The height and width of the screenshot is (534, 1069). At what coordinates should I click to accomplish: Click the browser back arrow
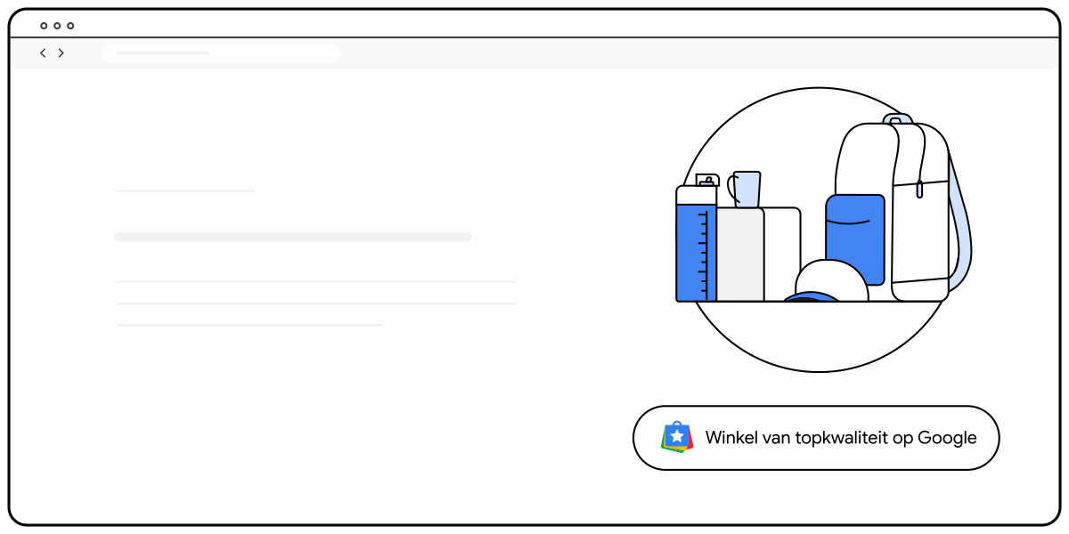pyautogui.click(x=43, y=53)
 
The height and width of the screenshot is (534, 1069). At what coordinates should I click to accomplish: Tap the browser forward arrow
pyautogui.click(x=61, y=53)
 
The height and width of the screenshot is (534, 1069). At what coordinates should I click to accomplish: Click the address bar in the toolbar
pyautogui.click(x=221, y=53)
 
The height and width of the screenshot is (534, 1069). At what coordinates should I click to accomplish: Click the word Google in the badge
pyautogui.click(x=947, y=438)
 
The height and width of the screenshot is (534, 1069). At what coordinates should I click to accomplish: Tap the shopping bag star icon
pyautogui.click(x=678, y=437)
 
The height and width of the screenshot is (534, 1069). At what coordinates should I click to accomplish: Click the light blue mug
pyautogui.click(x=747, y=189)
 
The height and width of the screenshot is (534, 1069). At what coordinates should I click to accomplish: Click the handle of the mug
pyautogui.click(x=731, y=187)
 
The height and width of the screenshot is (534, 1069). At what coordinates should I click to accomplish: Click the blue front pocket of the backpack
pyautogui.click(x=855, y=239)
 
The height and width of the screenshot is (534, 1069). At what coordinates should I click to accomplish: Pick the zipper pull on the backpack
pyautogui.click(x=919, y=189)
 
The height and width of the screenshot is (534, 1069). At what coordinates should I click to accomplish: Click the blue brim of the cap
pyautogui.click(x=812, y=298)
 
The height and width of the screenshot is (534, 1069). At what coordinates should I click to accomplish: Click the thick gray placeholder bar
pyautogui.click(x=292, y=237)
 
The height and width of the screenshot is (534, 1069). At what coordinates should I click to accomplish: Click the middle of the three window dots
pyautogui.click(x=57, y=26)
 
